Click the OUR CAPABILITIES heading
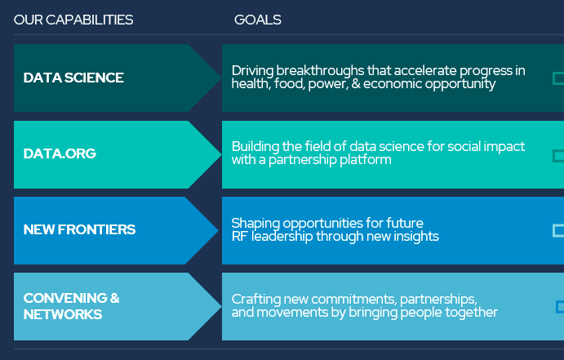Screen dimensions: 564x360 point(73,20)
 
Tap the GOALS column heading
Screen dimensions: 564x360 point(258,20)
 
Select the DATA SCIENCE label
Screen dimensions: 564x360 point(73,78)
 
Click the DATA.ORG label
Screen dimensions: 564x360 point(60,153)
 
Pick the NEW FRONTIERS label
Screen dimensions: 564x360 point(79,229)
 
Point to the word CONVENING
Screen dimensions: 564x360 point(65,298)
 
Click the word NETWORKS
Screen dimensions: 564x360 point(63,314)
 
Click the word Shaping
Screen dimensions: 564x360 point(255,224)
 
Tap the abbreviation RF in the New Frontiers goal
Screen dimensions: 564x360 point(239,236)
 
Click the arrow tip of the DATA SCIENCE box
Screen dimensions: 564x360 point(221,78)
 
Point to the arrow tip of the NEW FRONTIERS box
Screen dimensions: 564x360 point(218,230)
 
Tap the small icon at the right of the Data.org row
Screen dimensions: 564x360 point(558,156)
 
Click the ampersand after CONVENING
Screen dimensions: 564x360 point(115,298)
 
